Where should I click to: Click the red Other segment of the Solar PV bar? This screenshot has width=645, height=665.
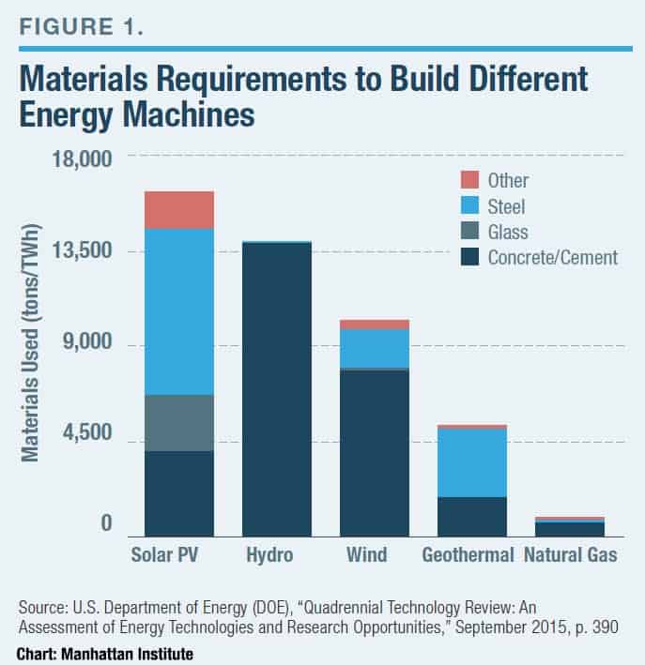coord(178,210)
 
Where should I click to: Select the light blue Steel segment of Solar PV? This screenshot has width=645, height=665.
coord(178,311)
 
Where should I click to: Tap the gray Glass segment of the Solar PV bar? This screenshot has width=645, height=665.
coord(178,423)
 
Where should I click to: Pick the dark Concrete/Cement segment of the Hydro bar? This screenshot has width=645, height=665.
coord(277,389)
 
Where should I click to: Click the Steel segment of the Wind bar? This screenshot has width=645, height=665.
coord(375,348)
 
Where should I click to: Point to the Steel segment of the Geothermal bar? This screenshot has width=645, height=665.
coord(472,462)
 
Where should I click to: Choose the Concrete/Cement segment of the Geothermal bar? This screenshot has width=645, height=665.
coord(472,516)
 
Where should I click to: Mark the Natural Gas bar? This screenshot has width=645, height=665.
coord(570,527)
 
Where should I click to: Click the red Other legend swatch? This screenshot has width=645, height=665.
coord(469,180)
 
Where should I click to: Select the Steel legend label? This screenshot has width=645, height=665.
coord(507,206)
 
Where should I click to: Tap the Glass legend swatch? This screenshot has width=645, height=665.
coord(469,232)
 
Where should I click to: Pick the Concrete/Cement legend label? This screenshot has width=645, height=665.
coord(553,257)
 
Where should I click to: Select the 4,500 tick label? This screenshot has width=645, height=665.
coord(85,434)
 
